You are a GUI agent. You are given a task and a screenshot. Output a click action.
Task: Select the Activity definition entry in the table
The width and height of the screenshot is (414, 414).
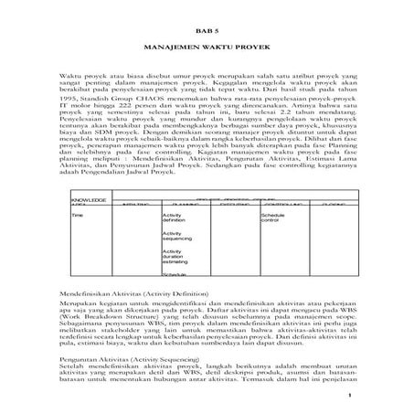174,218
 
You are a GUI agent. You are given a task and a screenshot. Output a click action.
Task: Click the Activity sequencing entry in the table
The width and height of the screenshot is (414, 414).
175,237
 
